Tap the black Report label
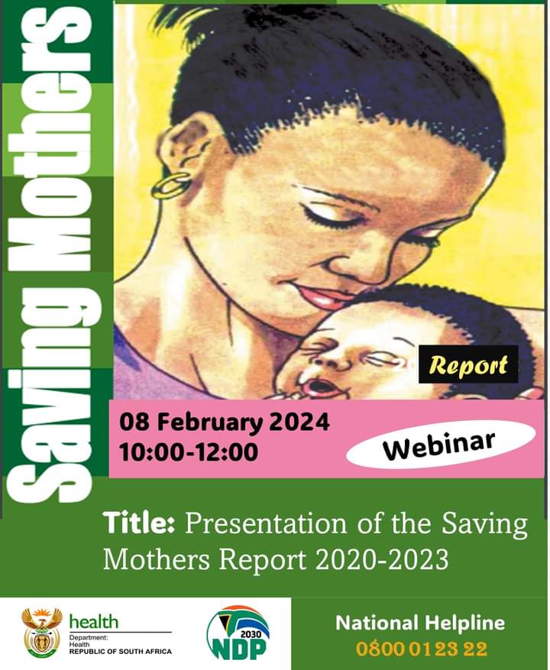click(x=468, y=364)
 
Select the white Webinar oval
click(x=441, y=444)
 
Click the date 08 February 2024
click(x=225, y=423)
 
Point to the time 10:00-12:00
click(x=189, y=452)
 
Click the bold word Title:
click(x=138, y=523)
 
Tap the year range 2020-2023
click(x=382, y=559)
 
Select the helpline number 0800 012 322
click(x=422, y=649)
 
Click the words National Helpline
click(x=420, y=623)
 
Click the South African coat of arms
click(x=42, y=632)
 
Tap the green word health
click(x=94, y=622)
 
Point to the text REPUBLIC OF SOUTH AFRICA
click(x=121, y=652)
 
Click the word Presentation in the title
click(x=266, y=524)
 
